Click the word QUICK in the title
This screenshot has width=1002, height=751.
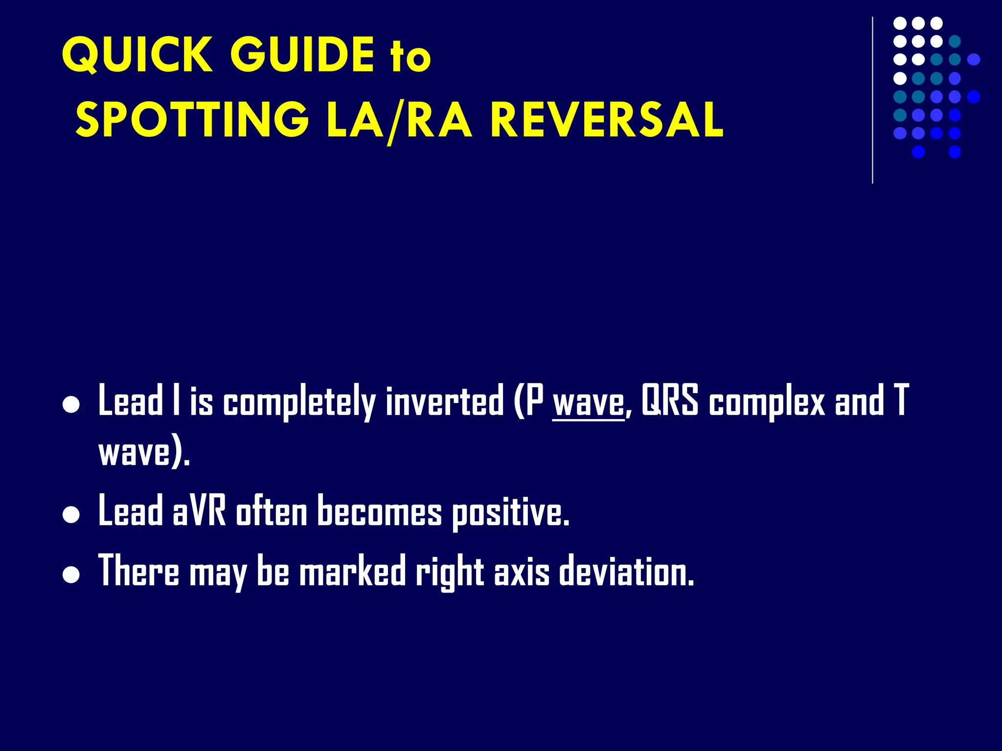(137, 55)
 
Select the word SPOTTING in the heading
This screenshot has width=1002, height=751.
(192, 120)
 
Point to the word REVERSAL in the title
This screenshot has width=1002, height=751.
(606, 120)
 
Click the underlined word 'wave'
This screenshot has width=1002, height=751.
(589, 402)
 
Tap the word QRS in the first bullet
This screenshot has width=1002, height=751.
(669, 400)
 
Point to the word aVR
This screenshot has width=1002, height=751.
(199, 511)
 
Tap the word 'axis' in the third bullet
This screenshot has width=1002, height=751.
(522, 571)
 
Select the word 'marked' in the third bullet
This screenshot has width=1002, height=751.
(352, 571)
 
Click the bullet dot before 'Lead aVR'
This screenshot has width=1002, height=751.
(71, 515)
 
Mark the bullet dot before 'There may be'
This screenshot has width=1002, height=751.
(71, 575)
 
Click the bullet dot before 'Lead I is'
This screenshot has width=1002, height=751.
(71, 405)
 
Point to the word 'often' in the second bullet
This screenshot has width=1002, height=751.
(272, 511)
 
